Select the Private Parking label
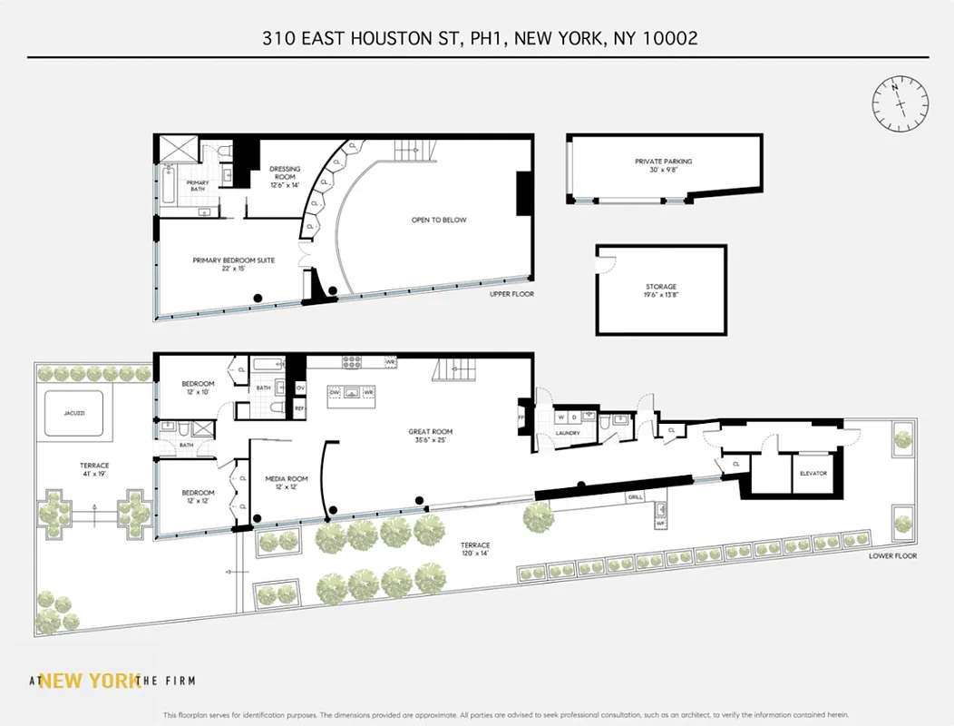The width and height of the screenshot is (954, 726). point(665,162)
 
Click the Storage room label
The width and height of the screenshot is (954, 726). point(661,287)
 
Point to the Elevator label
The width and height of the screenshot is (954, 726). point(813,473)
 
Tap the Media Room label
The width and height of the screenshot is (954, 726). point(287,478)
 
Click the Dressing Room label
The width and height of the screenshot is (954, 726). point(284,169)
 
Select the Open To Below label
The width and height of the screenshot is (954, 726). point(439,221)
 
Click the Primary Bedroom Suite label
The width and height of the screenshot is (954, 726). point(233,260)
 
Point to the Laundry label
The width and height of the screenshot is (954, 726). point(569,433)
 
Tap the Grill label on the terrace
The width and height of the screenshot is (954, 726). point(634,498)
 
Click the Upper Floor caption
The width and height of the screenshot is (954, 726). point(512,295)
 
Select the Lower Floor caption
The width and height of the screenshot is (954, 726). point(893,555)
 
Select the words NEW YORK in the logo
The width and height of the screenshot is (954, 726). point(89,681)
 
